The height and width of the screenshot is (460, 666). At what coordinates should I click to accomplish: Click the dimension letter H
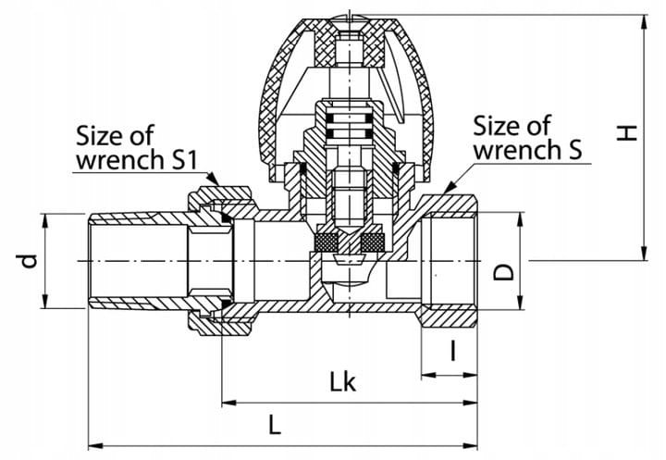(x=627, y=133)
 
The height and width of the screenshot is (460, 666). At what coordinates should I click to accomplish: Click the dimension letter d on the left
(x=29, y=261)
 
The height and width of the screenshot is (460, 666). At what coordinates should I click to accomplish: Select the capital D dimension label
(x=504, y=271)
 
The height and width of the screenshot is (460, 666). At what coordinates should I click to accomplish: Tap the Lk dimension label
(x=343, y=381)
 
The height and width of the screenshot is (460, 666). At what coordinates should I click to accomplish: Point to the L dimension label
(x=275, y=424)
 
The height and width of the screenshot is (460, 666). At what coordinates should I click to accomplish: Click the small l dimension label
(x=453, y=351)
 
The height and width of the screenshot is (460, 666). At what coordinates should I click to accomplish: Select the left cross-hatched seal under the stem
(x=326, y=242)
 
